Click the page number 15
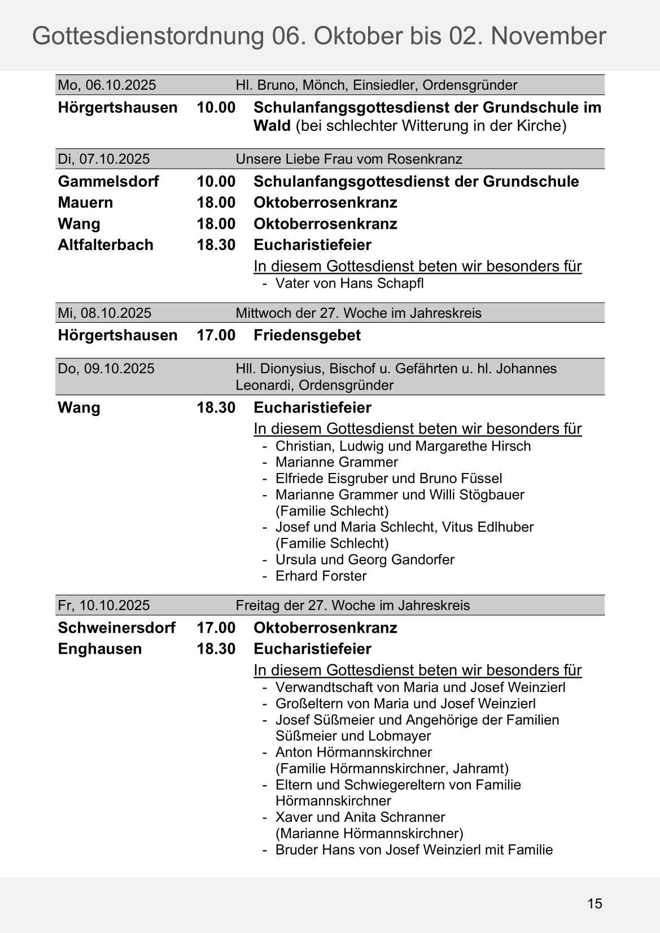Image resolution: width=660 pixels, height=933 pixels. [595, 904]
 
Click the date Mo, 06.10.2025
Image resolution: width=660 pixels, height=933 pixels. [107, 85]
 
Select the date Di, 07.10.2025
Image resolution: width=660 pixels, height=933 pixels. [104, 159]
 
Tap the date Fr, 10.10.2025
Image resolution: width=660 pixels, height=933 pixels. [104, 606]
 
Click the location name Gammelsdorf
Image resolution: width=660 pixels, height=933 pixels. [108, 182]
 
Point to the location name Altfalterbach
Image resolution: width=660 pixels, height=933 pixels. [106, 245]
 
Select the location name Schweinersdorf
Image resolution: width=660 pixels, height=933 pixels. [116, 628]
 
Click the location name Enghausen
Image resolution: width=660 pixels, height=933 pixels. [100, 649]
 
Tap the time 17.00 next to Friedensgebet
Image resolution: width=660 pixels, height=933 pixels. [216, 335]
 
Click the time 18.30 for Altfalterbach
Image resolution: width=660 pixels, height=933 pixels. [216, 245]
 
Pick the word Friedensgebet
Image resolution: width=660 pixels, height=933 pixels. [307, 335]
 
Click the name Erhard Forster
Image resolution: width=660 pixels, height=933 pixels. [321, 576]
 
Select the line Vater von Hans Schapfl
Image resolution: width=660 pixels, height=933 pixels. [349, 283]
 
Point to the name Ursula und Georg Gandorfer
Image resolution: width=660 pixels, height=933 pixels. [365, 560]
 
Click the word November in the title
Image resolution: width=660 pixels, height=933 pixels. [549, 36]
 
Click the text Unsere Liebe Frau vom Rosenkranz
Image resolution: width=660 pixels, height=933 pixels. [349, 159]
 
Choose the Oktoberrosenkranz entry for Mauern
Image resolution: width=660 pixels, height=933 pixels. [325, 203]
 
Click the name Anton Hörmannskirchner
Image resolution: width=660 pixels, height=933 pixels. [353, 752]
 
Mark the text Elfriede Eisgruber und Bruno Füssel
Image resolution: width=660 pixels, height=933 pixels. [388, 479]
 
